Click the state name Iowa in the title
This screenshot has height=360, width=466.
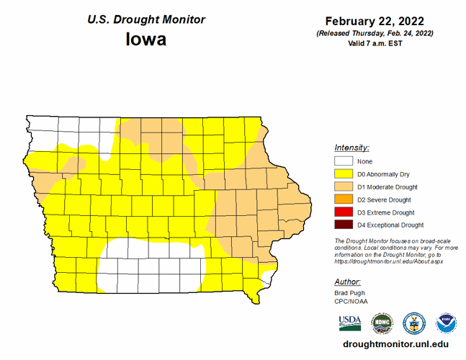pos(146,39)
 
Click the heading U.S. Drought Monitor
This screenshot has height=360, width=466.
pos(146,19)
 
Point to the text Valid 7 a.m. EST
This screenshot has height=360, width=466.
pos(374,43)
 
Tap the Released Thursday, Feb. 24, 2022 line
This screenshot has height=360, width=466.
pos(374,33)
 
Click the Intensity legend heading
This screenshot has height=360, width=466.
pos(352,147)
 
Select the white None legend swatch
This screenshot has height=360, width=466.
pos(344,161)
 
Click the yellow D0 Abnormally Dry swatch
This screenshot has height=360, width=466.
pos(344,174)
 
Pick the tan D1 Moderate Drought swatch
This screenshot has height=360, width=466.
pos(344,187)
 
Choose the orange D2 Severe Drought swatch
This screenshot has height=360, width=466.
pos(344,199)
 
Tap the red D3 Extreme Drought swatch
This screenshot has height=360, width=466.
pos(344,212)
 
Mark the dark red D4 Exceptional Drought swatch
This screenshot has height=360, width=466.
pos(344,225)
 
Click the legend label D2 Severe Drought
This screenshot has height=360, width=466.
pos(385,199)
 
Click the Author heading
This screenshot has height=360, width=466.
pos(348,282)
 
